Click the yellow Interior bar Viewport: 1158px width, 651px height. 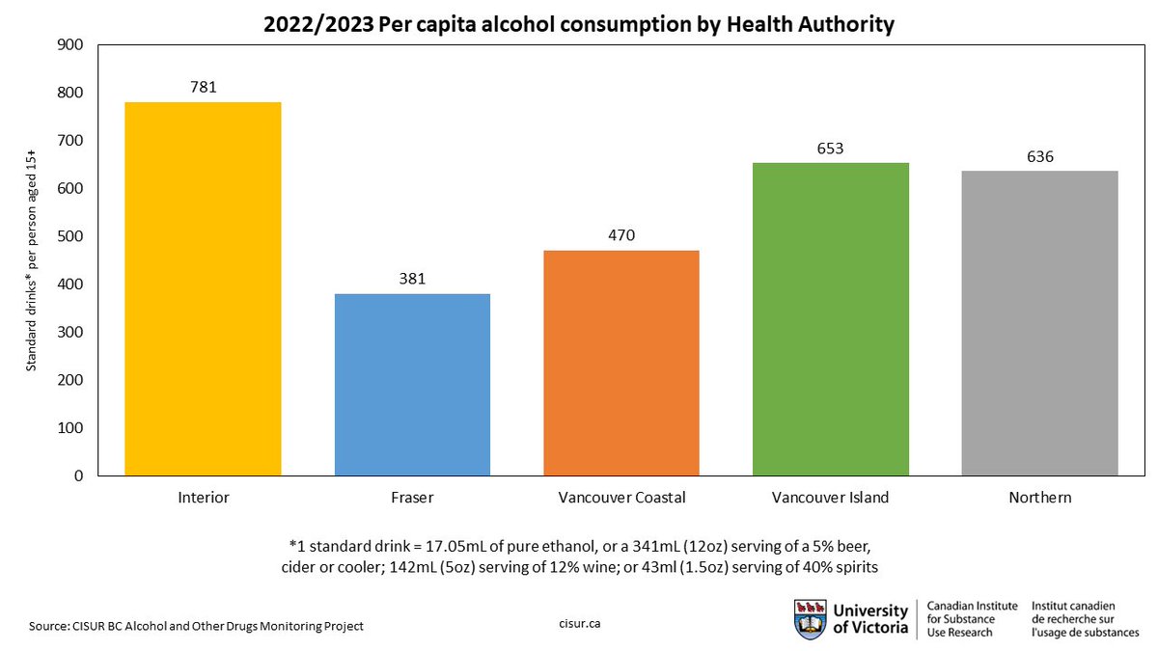click(203, 289)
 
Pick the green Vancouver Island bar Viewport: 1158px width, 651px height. click(831, 319)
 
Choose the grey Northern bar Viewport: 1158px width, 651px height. click(1040, 323)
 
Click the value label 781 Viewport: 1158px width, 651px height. click(203, 87)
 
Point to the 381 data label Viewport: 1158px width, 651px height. click(412, 279)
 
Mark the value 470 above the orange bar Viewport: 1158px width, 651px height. click(621, 235)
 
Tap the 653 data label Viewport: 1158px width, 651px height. click(831, 148)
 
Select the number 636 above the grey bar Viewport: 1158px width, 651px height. click(1040, 156)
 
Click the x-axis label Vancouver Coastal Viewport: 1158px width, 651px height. click(621, 498)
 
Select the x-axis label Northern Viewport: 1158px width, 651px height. click(1040, 498)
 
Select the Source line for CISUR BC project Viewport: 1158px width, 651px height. click(196, 626)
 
